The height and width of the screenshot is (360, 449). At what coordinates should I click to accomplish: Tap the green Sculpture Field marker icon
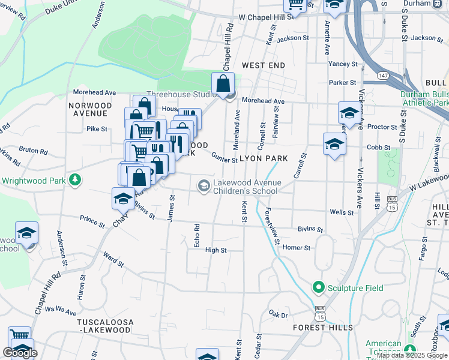(318, 288)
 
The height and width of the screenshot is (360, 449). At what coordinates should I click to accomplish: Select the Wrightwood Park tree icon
(75, 180)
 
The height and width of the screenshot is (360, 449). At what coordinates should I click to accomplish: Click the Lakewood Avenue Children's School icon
(204, 187)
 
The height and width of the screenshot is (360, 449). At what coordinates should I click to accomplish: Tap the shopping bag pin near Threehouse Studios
(223, 84)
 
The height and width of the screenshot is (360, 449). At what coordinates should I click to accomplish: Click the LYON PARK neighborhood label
(264, 158)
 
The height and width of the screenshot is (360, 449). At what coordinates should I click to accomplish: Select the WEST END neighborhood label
(263, 64)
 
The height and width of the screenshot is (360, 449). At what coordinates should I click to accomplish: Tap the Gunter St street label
(224, 157)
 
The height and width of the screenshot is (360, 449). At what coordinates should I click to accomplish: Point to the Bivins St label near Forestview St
(311, 229)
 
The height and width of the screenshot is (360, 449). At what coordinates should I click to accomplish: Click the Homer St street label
(297, 247)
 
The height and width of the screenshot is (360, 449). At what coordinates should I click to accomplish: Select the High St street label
(216, 250)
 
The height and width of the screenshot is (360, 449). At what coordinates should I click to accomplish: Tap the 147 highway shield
(382, 75)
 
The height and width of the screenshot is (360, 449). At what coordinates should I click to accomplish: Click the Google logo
(20, 353)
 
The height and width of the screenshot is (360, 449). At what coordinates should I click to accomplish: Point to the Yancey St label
(343, 64)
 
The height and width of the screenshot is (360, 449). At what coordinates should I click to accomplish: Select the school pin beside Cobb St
(334, 144)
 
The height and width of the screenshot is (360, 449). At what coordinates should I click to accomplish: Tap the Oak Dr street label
(279, 314)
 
